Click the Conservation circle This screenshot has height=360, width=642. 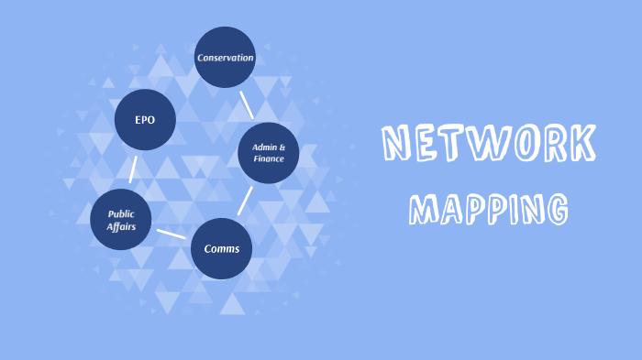tap(225, 58)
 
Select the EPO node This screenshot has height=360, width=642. tap(145, 120)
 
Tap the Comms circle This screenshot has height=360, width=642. tap(221, 248)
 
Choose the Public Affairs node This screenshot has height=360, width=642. tap(121, 220)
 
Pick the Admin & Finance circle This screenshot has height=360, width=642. tap(269, 153)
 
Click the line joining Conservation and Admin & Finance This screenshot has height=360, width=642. tap(246, 104)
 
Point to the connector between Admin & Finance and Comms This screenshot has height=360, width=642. tap(245, 201)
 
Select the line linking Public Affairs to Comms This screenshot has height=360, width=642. tap(171, 234)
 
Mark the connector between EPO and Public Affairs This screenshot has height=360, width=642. tap(133, 169)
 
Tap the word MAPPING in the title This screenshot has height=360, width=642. tap(488, 208)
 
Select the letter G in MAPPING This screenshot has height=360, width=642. tap(555, 209)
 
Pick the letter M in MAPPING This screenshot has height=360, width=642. tap(423, 209)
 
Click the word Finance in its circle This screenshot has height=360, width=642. tap(270, 159)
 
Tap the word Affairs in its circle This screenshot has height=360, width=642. tap(122, 227)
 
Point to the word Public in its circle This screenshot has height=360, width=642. tap(121, 213)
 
